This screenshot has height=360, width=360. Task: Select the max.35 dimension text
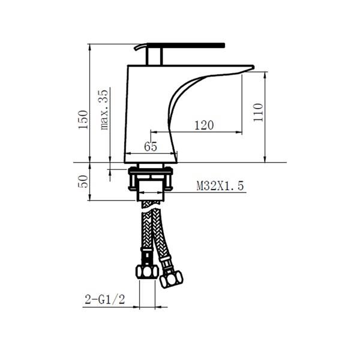coord(104,110)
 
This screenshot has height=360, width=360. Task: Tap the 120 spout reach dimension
coord(204,125)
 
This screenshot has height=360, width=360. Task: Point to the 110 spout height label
coord(257,112)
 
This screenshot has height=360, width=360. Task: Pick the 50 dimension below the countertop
coord(83,181)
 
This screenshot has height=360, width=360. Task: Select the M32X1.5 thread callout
coord(220,186)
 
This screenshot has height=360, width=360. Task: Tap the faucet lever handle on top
coord(186,46)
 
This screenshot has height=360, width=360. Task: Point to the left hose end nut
coord(146,271)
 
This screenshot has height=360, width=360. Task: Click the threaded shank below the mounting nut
coord(150,191)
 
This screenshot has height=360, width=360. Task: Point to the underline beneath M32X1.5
coord(220,193)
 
